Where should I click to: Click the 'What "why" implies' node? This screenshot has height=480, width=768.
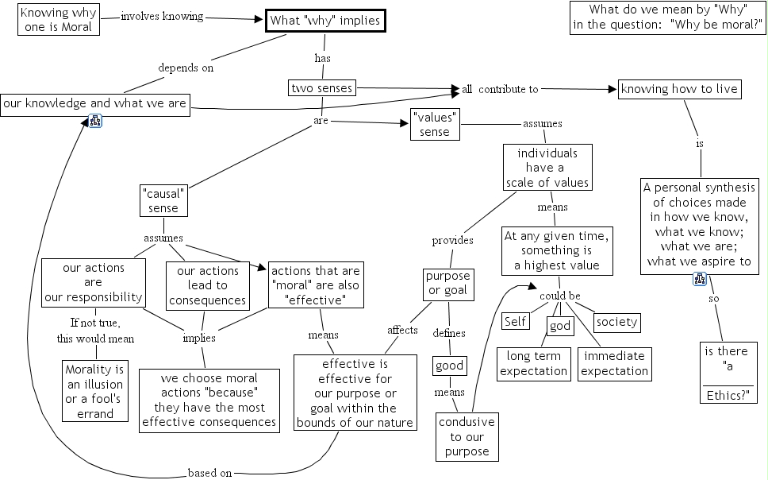point(325,21)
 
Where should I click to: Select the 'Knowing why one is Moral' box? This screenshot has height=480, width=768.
point(56,20)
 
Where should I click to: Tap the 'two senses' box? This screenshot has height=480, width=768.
point(321,87)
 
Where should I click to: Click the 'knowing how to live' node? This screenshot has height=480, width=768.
point(679,89)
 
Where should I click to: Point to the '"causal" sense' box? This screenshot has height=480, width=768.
point(164,201)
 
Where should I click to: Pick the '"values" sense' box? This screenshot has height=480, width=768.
point(435,124)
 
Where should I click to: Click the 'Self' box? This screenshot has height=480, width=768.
point(516,321)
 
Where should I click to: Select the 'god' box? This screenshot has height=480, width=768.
point(559,327)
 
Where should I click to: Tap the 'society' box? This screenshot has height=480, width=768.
point(617,322)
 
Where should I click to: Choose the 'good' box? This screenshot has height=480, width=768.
point(449,366)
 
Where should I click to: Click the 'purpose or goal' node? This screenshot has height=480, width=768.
point(448,284)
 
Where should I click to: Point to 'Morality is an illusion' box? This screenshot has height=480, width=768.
point(95,391)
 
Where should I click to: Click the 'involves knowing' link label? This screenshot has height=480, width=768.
point(162,17)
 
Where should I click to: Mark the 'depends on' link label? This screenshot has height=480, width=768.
point(186,68)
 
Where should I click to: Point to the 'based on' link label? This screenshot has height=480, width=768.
point(209,473)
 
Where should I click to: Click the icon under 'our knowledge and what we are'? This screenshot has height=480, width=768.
point(95,122)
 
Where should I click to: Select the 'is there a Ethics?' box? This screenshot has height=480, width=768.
point(728,373)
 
